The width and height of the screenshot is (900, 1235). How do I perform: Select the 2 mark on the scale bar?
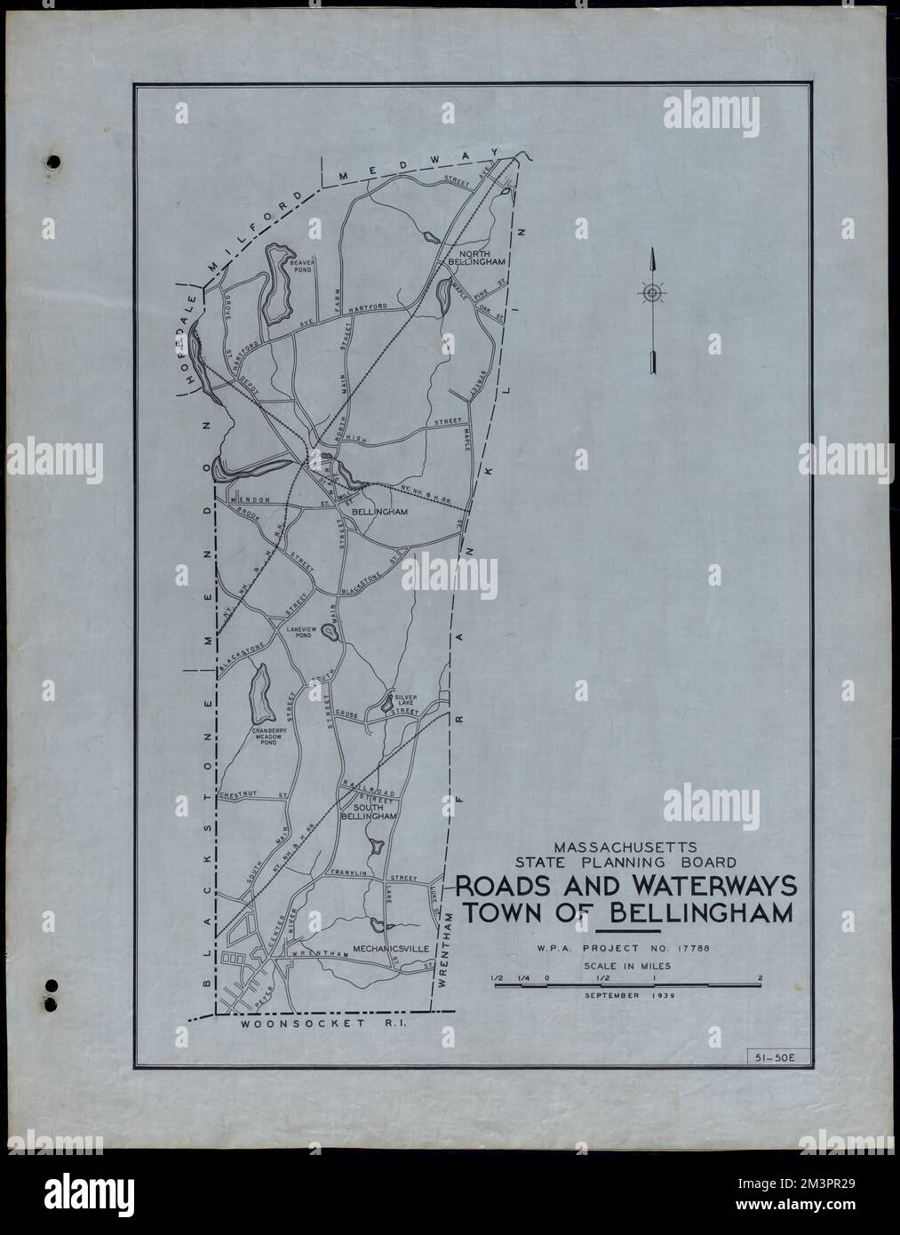(761, 977)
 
